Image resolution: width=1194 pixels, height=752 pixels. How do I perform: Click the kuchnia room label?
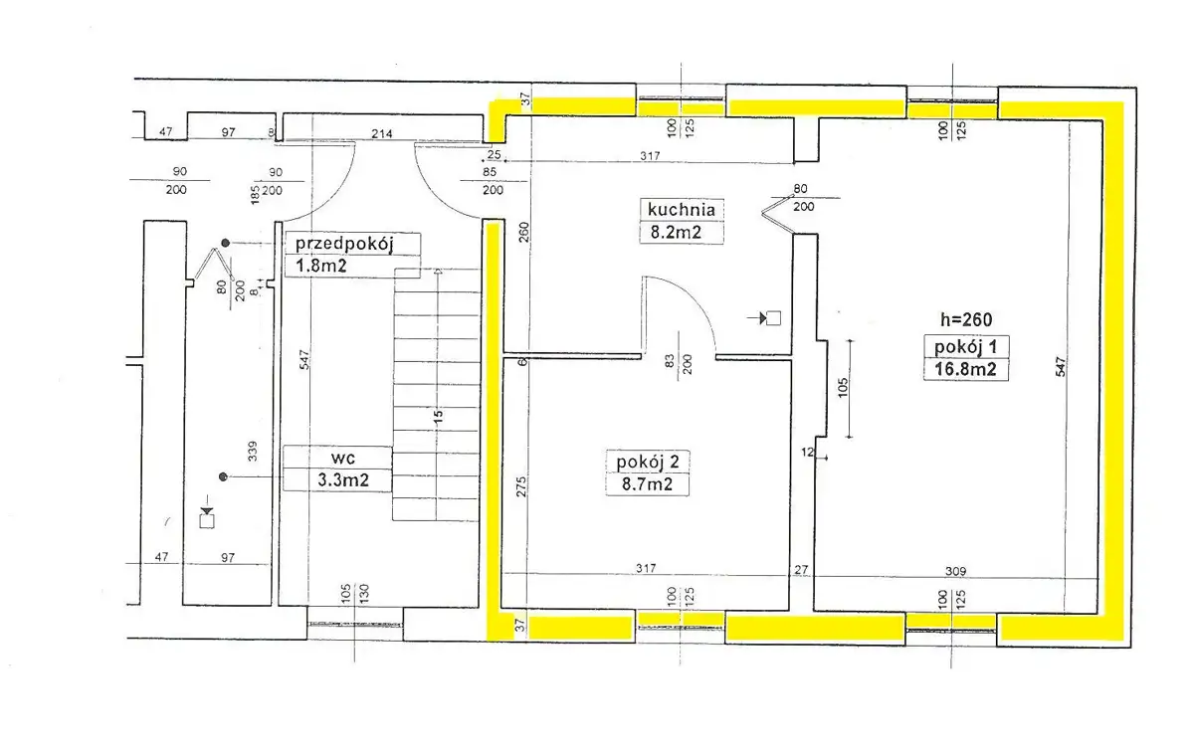pos(682,210)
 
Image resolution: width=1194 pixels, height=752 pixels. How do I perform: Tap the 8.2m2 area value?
pos(676,233)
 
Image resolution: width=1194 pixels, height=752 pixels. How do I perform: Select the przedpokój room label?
pos(344,244)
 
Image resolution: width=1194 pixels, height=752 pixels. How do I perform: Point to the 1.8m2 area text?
pos(321,266)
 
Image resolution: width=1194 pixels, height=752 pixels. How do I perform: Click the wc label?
pos(342,458)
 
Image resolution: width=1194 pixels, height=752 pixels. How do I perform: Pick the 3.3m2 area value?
pos(343,480)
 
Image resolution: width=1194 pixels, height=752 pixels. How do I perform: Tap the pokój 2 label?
pos(648,462)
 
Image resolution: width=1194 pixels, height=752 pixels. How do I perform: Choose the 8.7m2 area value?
pos(647,484)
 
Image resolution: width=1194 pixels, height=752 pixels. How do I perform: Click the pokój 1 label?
pos(965,347)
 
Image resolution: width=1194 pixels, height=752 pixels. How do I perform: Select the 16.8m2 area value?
pos(965,369)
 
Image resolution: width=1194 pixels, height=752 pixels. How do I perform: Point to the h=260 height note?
pos(966,319)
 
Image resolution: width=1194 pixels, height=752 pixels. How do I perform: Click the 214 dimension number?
pos(382,133)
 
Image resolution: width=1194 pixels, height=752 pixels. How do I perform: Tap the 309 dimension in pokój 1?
pos(956,571)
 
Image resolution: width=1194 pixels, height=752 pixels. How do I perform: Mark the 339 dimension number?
pos(253,451)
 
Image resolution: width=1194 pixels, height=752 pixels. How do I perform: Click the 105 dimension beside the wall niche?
pos(843,388)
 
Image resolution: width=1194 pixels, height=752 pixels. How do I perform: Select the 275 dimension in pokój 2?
pos(521,486)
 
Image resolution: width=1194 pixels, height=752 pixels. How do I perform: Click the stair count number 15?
pos(438,416)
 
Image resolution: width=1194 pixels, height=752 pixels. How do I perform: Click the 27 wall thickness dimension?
pos(801,570)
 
